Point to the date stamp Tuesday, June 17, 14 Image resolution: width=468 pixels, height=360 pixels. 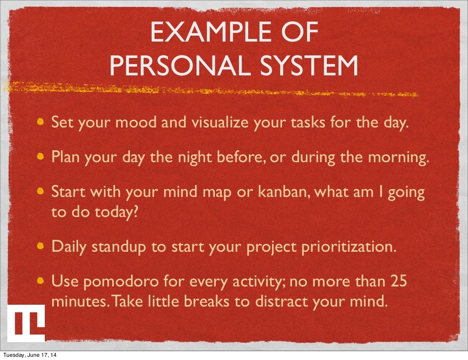[32, 355]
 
